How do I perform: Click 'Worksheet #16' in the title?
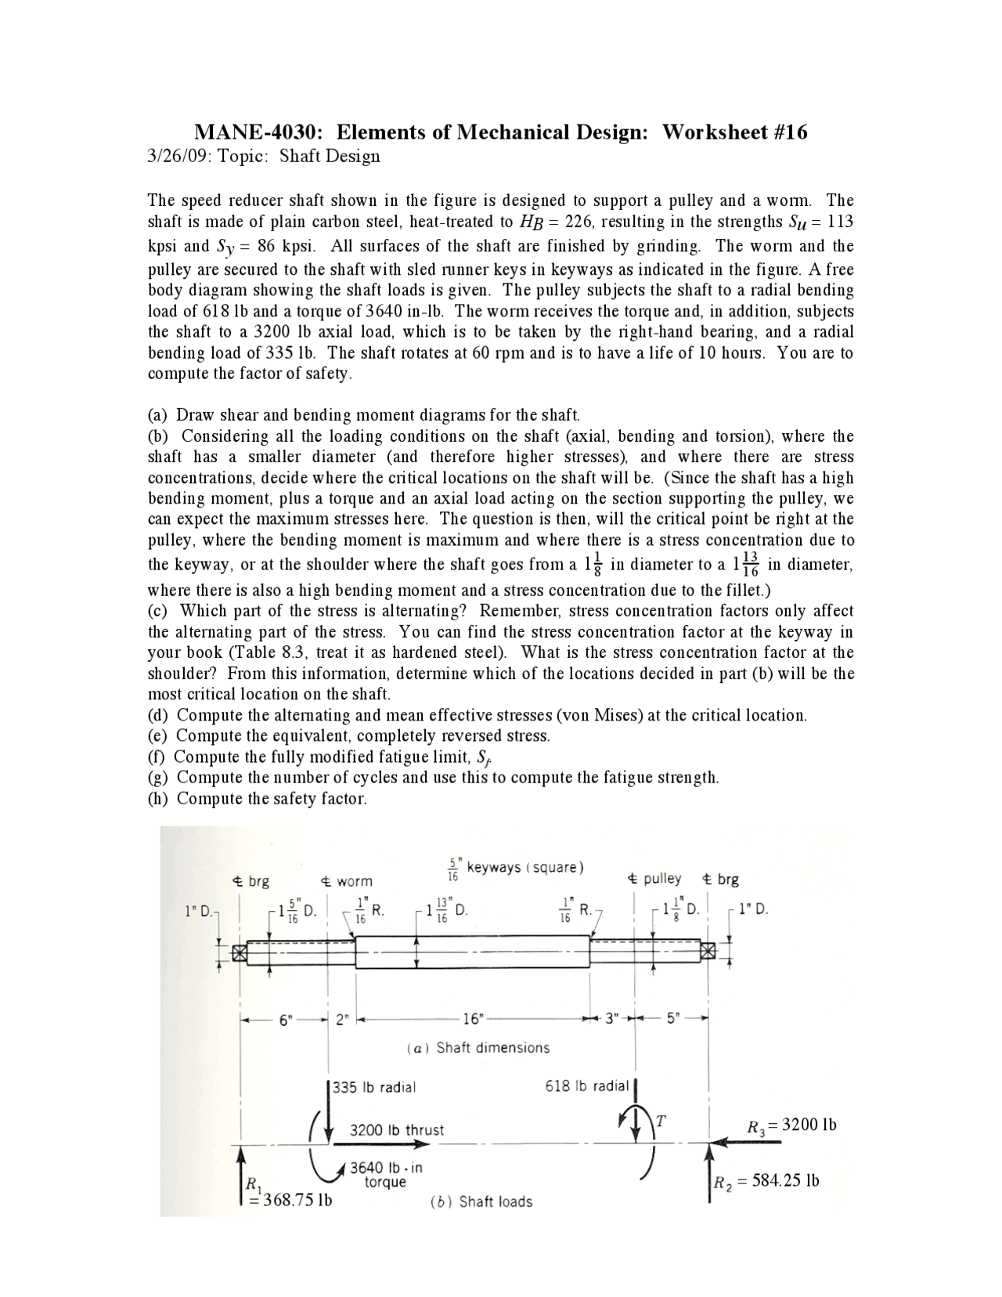734,132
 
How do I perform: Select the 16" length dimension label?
473,1019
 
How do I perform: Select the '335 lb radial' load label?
374,1087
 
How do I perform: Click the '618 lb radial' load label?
586,1086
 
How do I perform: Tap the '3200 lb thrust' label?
396,1130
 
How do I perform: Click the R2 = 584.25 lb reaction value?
766,1181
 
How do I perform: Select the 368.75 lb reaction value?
290,1200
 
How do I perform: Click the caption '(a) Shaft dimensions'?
478,1048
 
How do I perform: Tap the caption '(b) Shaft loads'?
481,1201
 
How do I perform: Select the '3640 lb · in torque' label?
385,1174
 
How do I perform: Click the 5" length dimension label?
674,1020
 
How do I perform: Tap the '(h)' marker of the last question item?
159,799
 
